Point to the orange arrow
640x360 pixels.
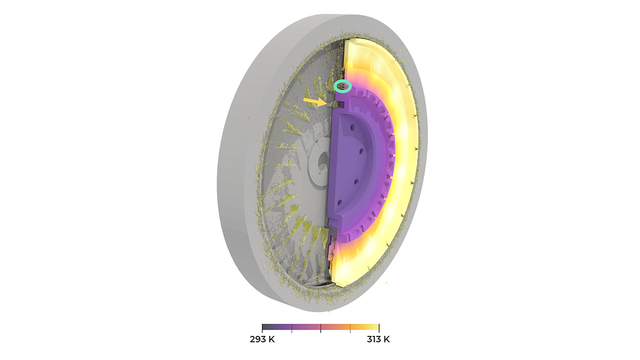click(x=315, y=101)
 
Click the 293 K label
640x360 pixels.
click(x=262, y=339)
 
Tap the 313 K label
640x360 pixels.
click(x=378, y=339)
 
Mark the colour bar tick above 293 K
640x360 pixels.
click(x=262, y=329)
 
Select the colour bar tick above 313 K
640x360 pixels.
click(x=379, y=329)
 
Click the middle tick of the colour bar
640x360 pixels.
click(x=321, y=329)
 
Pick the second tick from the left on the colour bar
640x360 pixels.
click(x=291, y=329)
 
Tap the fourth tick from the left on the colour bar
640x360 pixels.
click(x=350, y=329)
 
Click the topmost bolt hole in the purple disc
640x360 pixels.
click(x=353, y=127)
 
